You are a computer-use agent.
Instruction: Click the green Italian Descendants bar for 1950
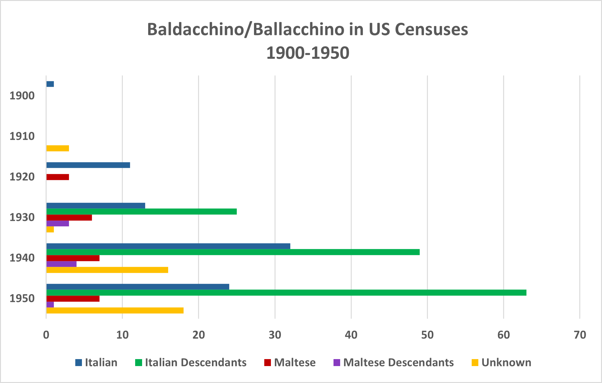pos(286,293)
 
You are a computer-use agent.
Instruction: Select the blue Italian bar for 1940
pos(168,246)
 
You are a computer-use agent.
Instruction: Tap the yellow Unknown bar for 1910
pos(57,148)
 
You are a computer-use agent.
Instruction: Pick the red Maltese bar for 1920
pos(57,177)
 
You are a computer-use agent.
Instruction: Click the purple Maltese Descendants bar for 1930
pos(57,224)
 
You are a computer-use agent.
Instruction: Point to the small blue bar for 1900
pos(50,84)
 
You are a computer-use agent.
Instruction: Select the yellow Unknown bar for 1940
pos(107,270)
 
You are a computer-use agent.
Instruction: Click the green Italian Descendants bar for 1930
pos(142,211)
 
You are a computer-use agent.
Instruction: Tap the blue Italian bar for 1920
pos(88,165)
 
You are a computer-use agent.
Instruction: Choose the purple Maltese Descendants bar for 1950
pos(50,305)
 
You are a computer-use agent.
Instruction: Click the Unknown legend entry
pos(506,362)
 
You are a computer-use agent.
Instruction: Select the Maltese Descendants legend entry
pos(398,362)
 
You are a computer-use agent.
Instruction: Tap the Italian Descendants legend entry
pos(195,362)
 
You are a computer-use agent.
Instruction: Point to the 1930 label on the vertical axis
pos(22,218)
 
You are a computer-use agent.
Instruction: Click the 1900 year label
pos(22,96)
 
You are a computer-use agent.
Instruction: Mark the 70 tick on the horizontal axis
pos(580,335)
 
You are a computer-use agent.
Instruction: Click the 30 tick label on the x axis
pos(275,335)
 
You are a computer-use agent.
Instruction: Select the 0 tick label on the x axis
pos(46,335)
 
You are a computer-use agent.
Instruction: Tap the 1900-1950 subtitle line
pos(308,53)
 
